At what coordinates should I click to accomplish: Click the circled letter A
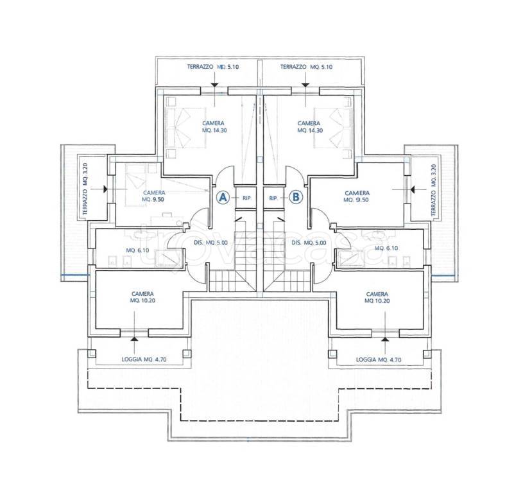pyautogui.click(x=223, y=197)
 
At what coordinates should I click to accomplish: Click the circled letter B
pyautogui.click(x=296, y=197)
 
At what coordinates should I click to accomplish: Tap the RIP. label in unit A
pyautogui.click(x=247, y=198)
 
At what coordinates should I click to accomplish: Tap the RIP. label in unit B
pyautogui.click(x=273, y=198)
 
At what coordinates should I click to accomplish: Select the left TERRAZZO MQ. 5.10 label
pyautogui.click(x=213, y=67)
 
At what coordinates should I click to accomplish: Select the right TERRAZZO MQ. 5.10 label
pyautogui.click(x=306, y=67)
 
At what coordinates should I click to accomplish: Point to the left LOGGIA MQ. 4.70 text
pyautogui.click(x=144, y=359)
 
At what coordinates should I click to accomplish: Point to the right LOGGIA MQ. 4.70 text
pyautogui.click(x=379, y=359)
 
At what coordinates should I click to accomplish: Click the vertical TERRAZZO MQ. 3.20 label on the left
pyautogui.click(x=85, y=189)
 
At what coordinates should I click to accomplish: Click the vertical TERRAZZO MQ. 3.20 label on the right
pyautogui.click(x=434, y=191)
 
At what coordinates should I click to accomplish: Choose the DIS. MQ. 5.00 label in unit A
pyautogui.click(x=210, y=243)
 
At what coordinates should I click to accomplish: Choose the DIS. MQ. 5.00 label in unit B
pyautogui.click(x=309, y=243)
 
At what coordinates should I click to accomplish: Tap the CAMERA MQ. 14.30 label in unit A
pyautogui.click(x=214, y=126)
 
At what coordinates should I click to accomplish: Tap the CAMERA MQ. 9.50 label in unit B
pyautogui.click(x=357, y=196)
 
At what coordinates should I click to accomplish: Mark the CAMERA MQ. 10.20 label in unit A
pyautogui.click(x=142, y=297)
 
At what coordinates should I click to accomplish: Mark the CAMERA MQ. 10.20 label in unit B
pyautogui.click(x=377, y=297)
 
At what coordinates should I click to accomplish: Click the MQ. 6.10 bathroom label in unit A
pyautogui.click(x=137, y=250)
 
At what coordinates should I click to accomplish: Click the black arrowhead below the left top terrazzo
pyautogui.click(x=214, y=85)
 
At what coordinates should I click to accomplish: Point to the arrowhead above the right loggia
pyautogui.click(x=385, y=338)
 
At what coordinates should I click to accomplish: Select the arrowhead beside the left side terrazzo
pyautogui.click(x=105, y=189)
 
